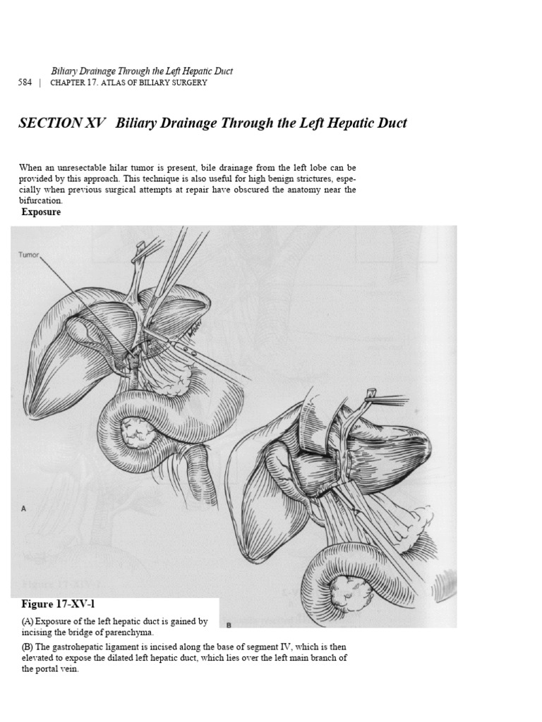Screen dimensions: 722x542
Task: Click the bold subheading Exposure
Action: point(41,212)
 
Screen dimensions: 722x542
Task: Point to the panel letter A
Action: point(24,508)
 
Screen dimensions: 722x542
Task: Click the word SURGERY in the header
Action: point(185,82)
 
